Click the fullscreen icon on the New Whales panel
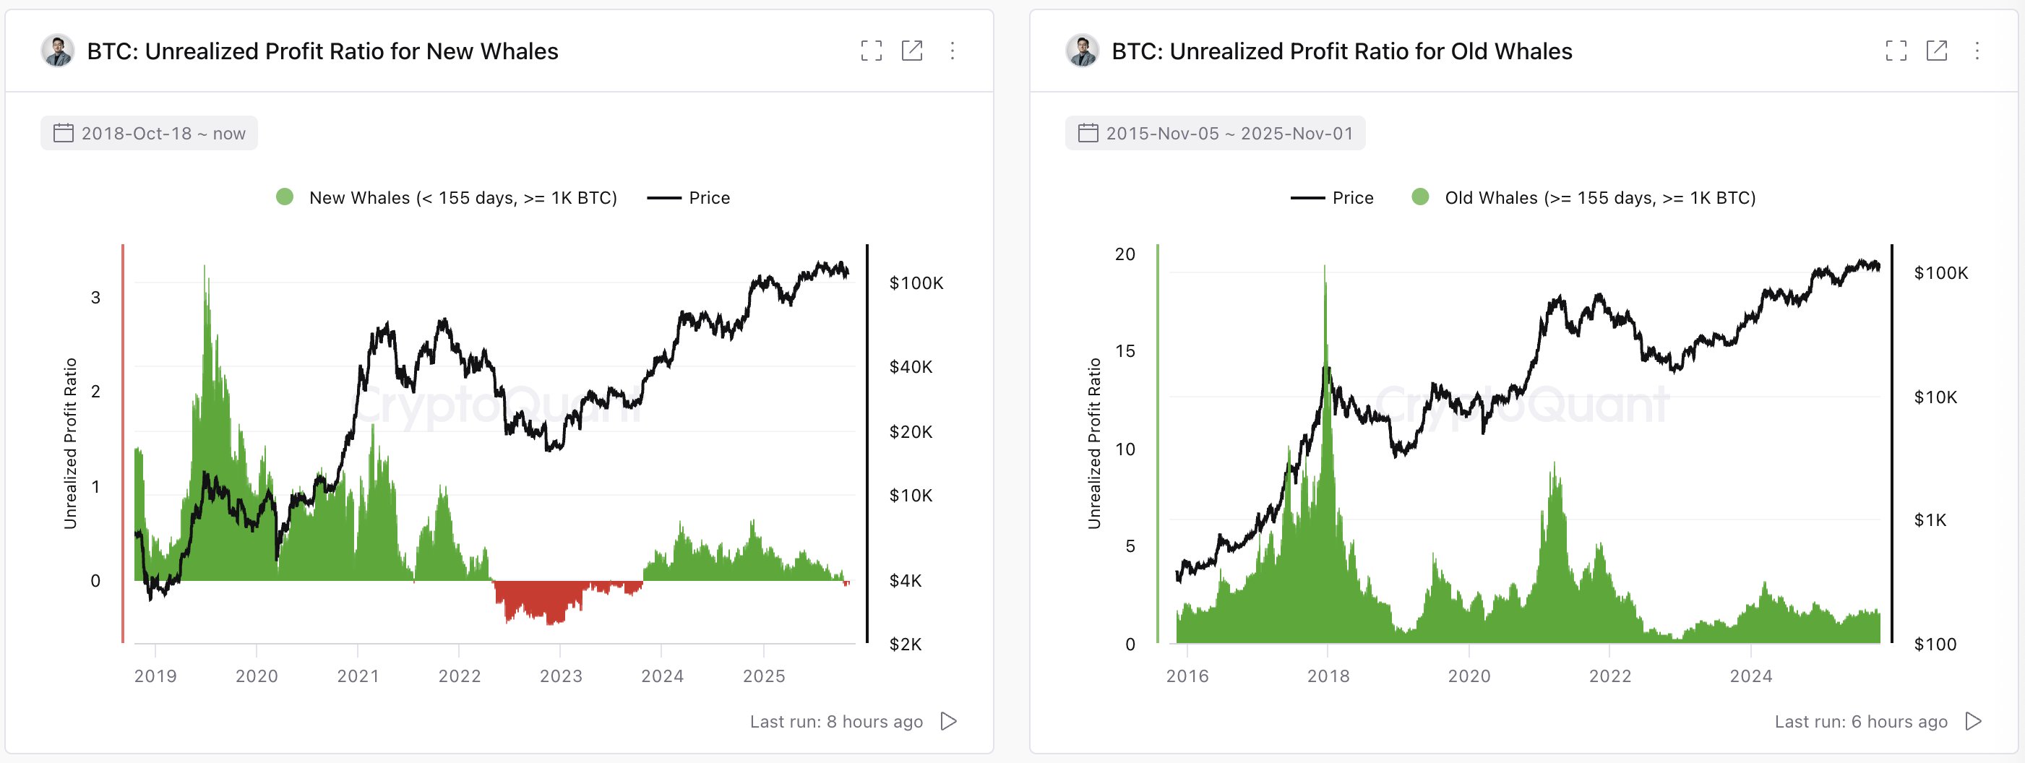coord(871,51)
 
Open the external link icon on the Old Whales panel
coord(1936,51)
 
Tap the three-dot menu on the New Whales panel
coord(952,51)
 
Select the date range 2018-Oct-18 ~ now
coord(150,134)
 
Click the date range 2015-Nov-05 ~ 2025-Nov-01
coord(1216,134)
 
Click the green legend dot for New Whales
coord(285,197)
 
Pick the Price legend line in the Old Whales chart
coord(1307,198)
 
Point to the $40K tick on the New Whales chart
coord(911,367)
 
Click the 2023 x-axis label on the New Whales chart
coord(561,676)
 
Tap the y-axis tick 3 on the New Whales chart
coord(96,298)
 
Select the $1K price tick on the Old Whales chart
coord(1930,520)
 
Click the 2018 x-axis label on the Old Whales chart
coord(1328,676)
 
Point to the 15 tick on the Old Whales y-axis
coord(1125,351)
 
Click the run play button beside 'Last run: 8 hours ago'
coord(949,721)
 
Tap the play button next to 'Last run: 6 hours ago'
coord(1973,721)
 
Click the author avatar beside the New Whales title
coord(57,51)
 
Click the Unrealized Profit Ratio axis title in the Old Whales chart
coord(1093,443)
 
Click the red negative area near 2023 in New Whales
coord(543,601)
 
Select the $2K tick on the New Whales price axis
coord(905,645)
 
